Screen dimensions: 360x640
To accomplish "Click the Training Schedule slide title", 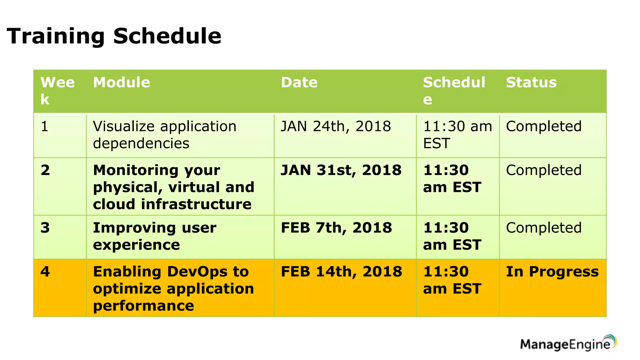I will click(114, 36).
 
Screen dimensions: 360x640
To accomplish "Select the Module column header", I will click(122, 82).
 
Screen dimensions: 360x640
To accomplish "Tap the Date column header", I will click(299, 82).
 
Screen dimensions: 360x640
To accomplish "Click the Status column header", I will click(531, 82).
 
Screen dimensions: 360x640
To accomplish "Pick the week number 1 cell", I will click(45, 127).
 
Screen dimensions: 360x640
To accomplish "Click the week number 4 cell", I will click(45, 272).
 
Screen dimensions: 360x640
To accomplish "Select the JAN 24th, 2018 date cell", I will click(336, 127).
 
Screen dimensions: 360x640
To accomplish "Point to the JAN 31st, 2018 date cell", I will click(341, 170).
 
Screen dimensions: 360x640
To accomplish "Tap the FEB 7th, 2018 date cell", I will click(336, 228).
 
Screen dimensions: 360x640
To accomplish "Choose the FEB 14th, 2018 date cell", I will click(341, 272).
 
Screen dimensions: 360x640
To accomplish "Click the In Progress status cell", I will click(552, 272).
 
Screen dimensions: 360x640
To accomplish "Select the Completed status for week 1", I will click(544, 127).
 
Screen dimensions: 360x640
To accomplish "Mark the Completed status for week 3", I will click(544, 228).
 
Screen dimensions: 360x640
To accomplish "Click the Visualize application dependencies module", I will click(164, 135).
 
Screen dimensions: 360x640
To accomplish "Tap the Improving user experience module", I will click(154, 236).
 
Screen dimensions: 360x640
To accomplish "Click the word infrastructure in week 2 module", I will click(196, 204).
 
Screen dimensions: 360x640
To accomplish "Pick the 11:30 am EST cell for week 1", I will click(457, 135).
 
